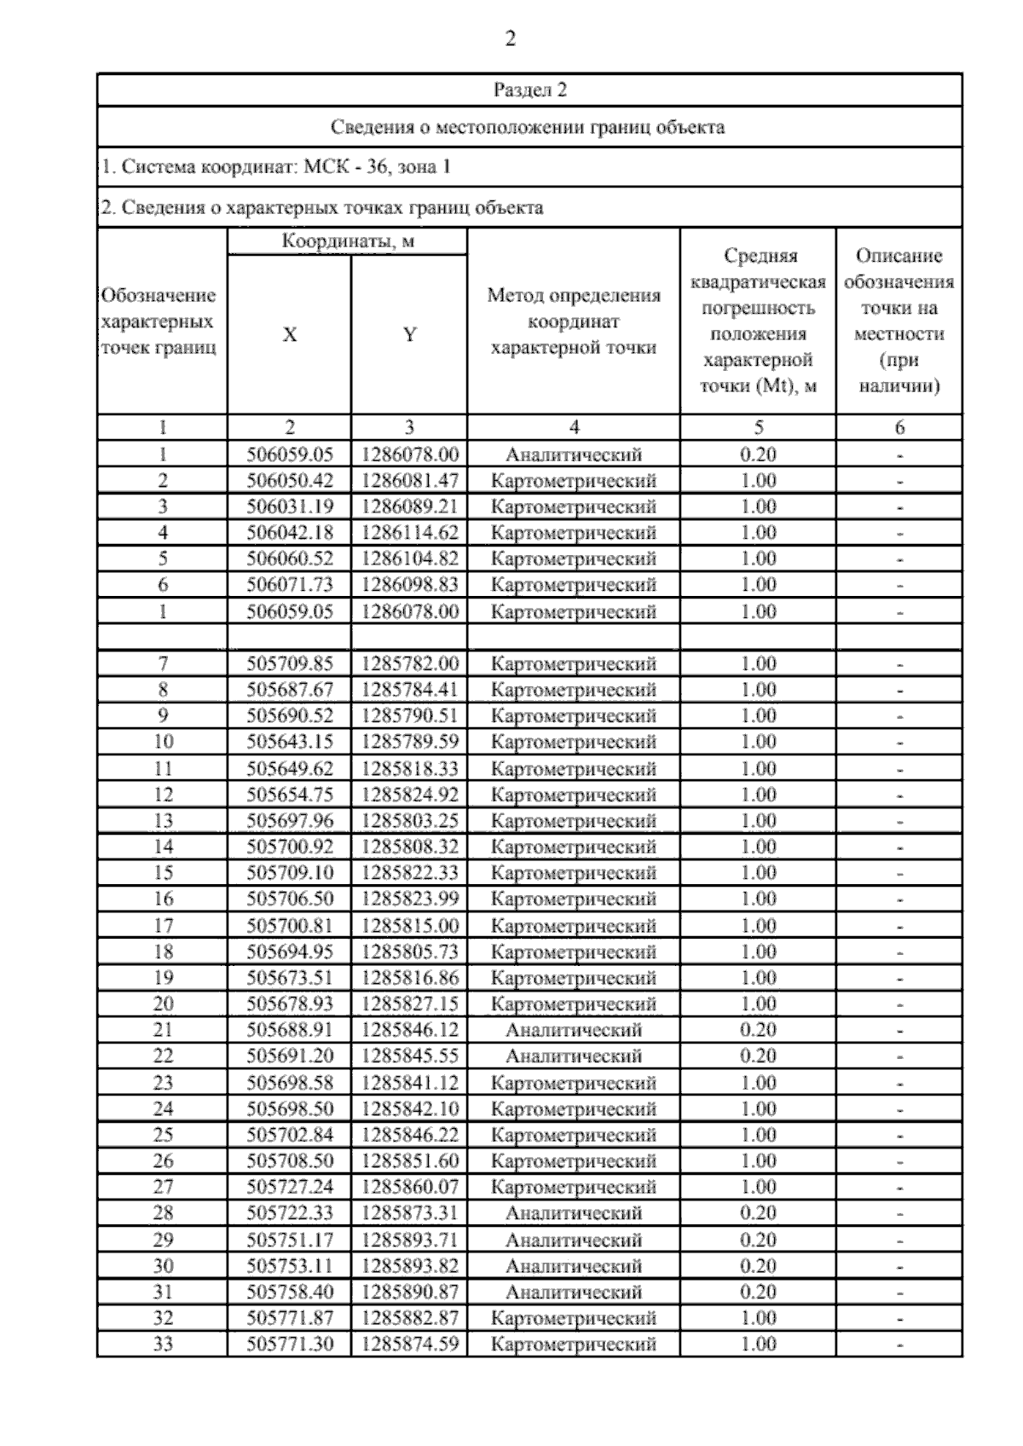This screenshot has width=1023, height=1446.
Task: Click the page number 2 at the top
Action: coord(511,39)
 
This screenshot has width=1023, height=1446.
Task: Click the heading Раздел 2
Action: coord(529,90)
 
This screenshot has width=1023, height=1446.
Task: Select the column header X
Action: coord(290,335)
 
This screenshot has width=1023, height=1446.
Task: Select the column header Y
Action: coord(409,335)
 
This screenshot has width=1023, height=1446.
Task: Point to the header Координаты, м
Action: coord(347,241)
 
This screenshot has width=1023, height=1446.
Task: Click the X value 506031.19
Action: coord(290,506)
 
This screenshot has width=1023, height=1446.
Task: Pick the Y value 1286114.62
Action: coord(409,533)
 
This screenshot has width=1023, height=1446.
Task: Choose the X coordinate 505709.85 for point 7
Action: coord(290,663)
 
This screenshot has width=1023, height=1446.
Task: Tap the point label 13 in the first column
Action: coord(163,820)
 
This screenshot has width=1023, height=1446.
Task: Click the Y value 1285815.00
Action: coord(409,925)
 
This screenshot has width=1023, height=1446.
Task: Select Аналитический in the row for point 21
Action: coord(573,1030)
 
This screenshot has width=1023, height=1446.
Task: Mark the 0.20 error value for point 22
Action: coord(758,1056)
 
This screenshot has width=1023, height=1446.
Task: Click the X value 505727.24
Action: coord(290,1187)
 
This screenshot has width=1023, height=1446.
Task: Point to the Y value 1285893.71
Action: coord(409,1239)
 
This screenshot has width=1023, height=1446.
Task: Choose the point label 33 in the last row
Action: coord(163,1344)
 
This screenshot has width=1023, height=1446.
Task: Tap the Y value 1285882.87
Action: coord(409,1317)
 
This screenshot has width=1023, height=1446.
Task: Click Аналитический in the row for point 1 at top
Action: coord(573,454)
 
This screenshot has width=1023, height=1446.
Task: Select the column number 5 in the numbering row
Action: coord(758,428)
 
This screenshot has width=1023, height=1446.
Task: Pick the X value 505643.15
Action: coord(290,742)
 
